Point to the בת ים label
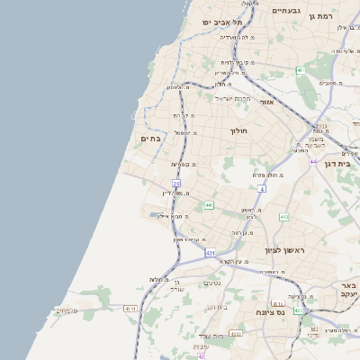150,139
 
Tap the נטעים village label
212,283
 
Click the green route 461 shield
301,70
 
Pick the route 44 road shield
313,162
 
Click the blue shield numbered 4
261,190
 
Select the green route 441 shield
208,206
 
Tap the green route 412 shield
284,217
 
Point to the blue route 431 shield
210,254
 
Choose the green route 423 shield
297,310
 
